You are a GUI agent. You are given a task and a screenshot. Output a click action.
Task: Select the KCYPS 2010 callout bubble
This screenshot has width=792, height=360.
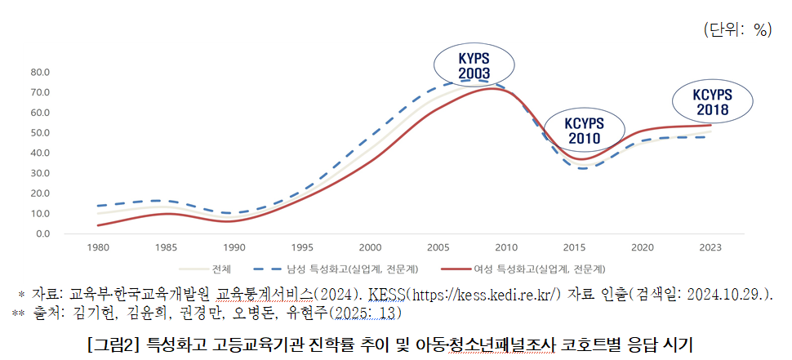[583, 131]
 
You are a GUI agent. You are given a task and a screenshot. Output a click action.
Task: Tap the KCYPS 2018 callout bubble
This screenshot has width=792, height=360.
[713, 101]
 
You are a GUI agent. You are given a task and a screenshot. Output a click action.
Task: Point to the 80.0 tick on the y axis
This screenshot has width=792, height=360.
[40, 73]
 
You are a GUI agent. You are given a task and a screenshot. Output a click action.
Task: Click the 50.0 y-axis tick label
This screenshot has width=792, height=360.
[40, 133]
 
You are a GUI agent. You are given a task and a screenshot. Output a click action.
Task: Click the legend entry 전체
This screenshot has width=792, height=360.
[221, 268]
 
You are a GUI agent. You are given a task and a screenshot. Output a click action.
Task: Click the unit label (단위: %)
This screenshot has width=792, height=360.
[736, 29]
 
